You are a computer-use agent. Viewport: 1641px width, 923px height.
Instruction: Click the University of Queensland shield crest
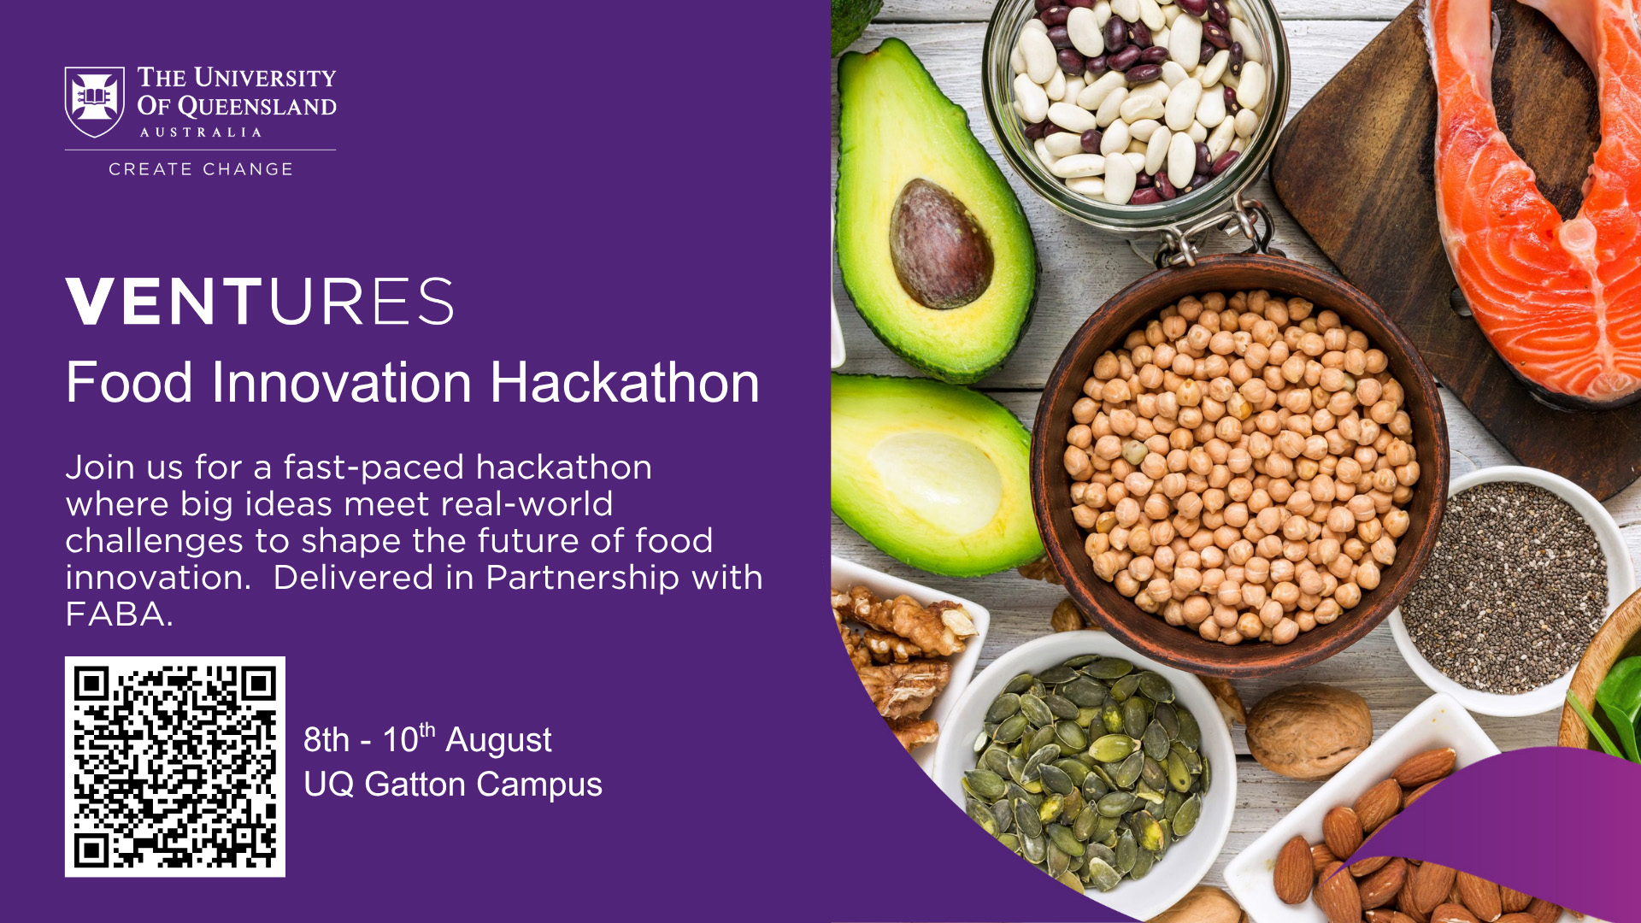[95, 103]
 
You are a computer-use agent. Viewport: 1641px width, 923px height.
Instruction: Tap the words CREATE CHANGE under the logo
[201, 169]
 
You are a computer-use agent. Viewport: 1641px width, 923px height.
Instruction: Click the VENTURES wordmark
[260, 301]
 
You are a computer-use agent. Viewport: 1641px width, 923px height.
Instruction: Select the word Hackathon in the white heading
[625, 382]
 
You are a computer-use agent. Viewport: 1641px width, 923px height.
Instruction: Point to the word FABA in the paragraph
[115, 614]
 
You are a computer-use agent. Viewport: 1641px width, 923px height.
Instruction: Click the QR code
[175, 767]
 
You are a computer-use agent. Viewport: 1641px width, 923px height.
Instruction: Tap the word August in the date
[498, 741]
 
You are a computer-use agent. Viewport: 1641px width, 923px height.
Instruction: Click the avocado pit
[940, 244]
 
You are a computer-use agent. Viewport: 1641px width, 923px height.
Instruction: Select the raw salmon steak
[1538, 197]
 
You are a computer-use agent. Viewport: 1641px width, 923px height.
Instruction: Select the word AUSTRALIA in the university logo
[201, 132]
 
